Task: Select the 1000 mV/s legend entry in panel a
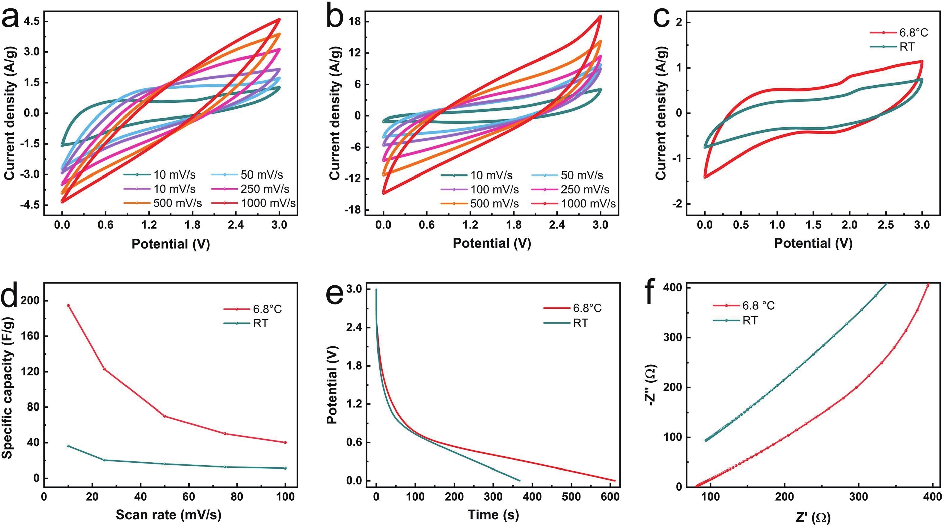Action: coord(268,203)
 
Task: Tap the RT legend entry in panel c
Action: coord(907,46)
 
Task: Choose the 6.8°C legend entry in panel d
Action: coord(267,309)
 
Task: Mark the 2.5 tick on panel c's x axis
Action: coord(886,225)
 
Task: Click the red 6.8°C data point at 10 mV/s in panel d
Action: coord(68,305)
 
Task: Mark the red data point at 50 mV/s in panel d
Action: coord(165,416)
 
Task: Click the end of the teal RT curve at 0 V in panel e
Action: coord(519,481)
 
